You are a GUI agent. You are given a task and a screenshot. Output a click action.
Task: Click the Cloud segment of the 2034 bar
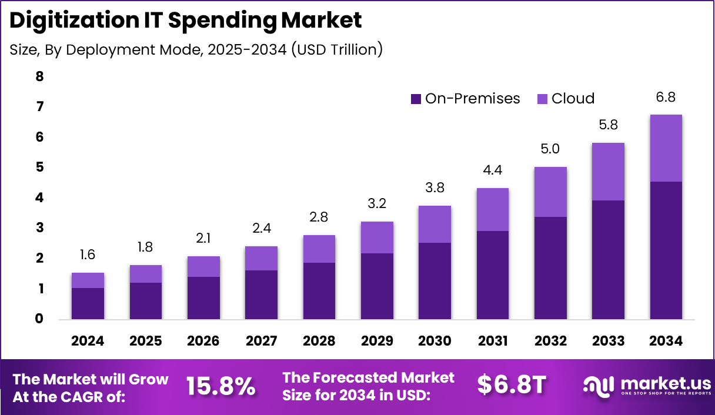[666, 148]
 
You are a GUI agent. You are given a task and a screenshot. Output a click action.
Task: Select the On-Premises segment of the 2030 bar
[435, 281]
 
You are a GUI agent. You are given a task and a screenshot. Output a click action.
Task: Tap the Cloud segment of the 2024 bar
[88, 280]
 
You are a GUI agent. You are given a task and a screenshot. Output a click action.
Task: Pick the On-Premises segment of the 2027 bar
[261, 294]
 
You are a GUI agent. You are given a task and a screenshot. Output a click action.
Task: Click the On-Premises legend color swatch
[416, 99]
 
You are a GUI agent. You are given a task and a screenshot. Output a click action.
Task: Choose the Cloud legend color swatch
[543, 99]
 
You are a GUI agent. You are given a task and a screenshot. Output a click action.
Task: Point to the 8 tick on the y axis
[39, 76]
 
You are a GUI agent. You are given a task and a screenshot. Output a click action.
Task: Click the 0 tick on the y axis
[39, 319]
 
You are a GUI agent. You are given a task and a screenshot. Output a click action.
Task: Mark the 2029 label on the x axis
[377, 341]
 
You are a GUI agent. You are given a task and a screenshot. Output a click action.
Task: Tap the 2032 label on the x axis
[550, 341]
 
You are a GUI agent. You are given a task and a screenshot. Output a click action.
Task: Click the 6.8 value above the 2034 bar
[665, 97]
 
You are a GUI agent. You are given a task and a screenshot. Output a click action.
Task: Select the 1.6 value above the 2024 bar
[88, 255]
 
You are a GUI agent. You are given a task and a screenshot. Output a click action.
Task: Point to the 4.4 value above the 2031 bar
[492, 170]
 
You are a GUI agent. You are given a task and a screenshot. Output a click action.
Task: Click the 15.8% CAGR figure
[221, 386]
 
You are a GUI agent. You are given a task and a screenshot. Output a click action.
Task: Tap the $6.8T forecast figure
[512, 385]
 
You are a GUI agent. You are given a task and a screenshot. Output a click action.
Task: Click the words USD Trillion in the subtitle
[334, 50]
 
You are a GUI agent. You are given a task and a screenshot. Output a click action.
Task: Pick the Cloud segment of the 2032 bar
[550, 192]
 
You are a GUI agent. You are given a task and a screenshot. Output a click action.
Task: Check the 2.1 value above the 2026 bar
[203, 239]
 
